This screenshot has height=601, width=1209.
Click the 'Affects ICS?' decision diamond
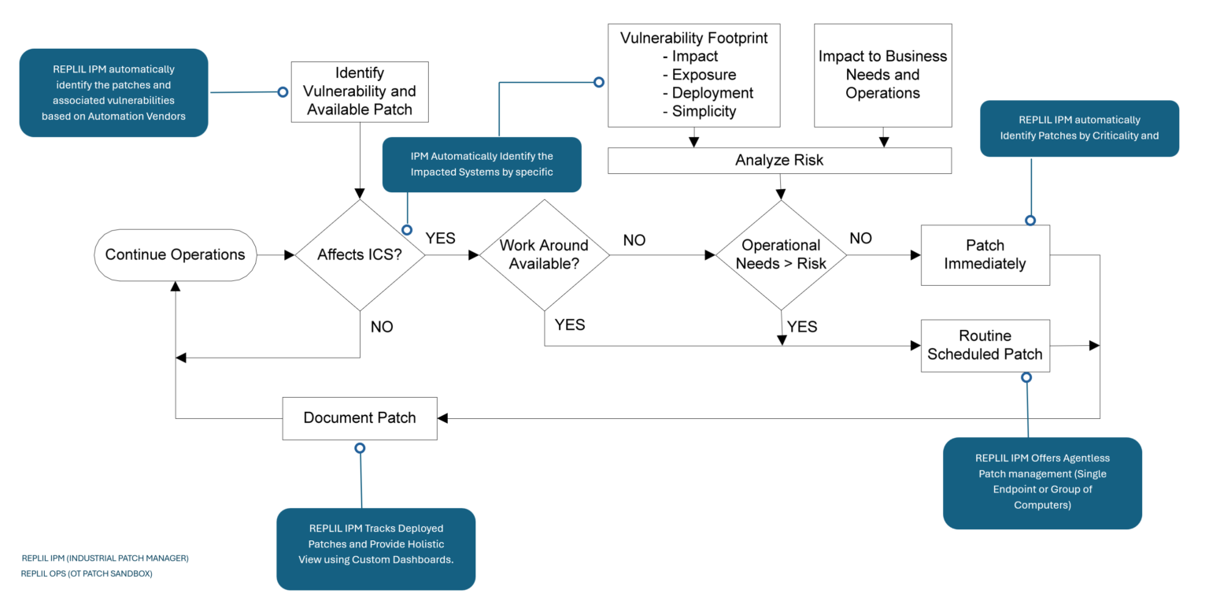click(x=360, y=254)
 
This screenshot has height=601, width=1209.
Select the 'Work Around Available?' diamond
click(x=544, y=254)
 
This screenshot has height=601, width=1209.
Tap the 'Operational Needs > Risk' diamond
click(x=780, y=254)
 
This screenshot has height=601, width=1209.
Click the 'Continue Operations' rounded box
click(x=175, y=254)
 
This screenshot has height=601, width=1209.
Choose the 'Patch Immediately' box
click(x=985, y=254)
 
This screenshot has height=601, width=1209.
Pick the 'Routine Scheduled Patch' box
click(x=985, y=345)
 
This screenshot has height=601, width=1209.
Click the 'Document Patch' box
click(x=360, y=417)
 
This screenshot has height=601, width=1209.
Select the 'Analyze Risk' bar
click(x=779, y=161)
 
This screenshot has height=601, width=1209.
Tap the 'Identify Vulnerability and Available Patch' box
click(x=360, y=91)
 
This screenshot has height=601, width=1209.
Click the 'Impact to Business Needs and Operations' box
click(x=882, y=75)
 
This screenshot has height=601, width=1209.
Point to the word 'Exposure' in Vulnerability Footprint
click(x=704, y=75)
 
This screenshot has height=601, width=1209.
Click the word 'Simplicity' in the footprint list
click(x=704, y=111)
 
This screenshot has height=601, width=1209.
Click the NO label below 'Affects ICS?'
click(x=382, y=326)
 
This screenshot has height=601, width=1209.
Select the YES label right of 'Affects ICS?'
click(x=440, y=238)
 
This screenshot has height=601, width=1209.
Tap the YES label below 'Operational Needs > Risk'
click(x=802, y=326)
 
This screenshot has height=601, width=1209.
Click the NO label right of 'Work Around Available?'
click(x=634, y=240)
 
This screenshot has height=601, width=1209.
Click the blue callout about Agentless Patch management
click(x=1041, y=482)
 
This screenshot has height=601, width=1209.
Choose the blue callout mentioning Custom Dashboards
click(x=375, y=548)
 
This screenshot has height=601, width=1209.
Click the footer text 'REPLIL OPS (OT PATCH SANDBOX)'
click(x=87, y=573)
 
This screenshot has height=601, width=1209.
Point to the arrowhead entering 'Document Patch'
click(x=443, y=417)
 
